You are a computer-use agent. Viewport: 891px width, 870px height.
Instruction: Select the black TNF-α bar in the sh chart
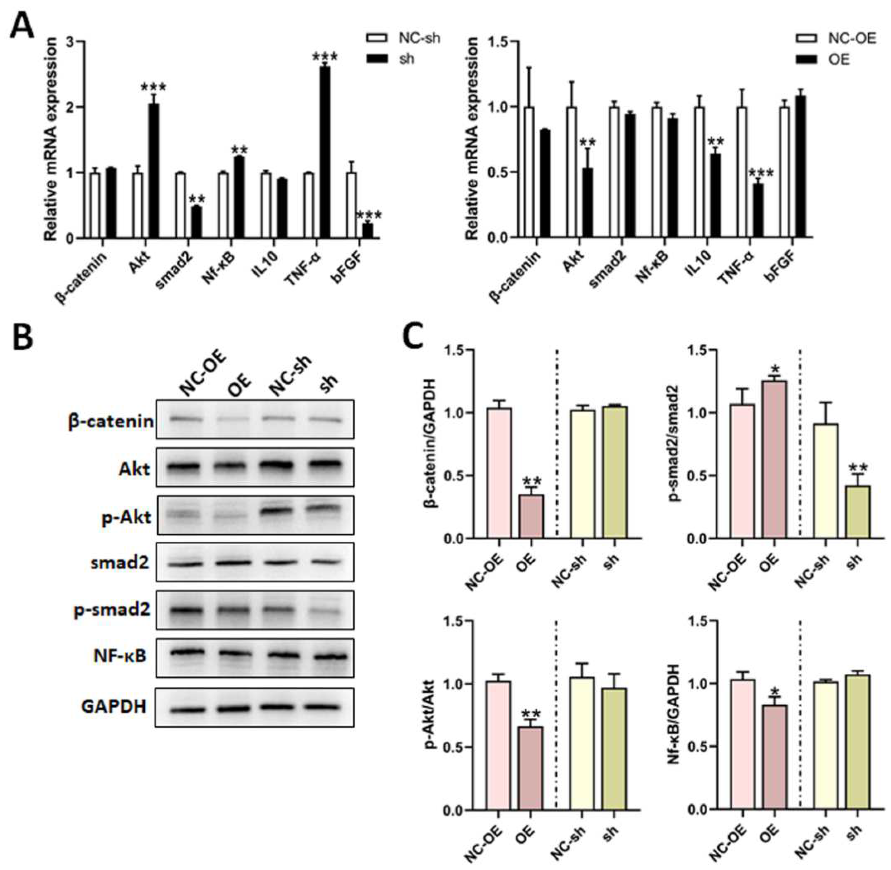tap(325, 152)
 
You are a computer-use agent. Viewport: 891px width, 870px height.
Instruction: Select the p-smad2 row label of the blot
tap(112, 610)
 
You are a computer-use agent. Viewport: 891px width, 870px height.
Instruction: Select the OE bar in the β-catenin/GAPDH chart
tap(531, 516)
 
